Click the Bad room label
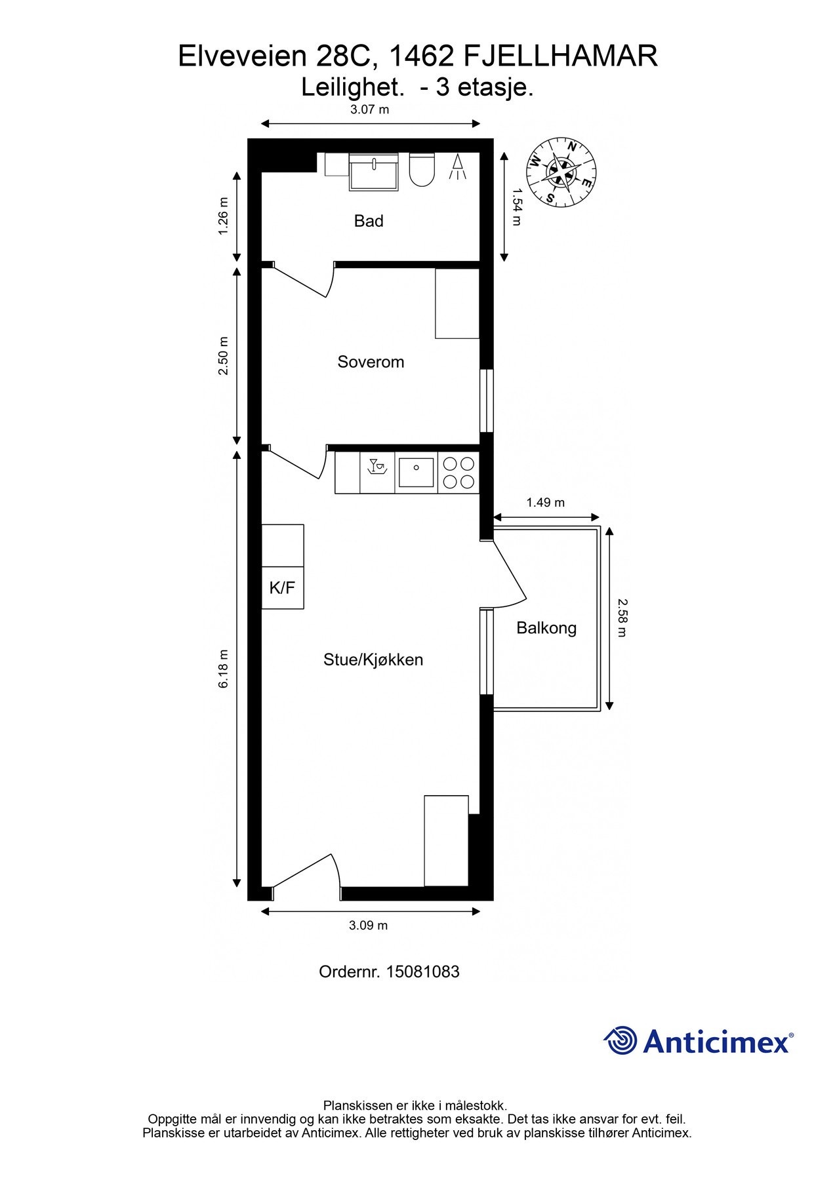(x=369, y=221)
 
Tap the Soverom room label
(x=371, y=362)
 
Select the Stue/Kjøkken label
(x=373, y=659)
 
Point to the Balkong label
(x=546, y=628)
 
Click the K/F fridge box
(x=283, y=588)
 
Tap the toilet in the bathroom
(x=422, y=170)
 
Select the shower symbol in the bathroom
(x=457, y=167)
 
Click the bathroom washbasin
(x=373, y=172)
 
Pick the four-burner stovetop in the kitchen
(x=458, y=473)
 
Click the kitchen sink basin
(x=417, y=473)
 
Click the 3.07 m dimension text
(x=370, y=109)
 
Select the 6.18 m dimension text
(x=224, y=669)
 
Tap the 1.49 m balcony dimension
(x=546, y=503)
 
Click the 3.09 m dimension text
(x=369, y=926)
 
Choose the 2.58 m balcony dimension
(x=622, y=618)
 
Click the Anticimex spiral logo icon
(x=621, y=1041)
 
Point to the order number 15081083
(x=423, y=972)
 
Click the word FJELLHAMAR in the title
(x=561, y=56)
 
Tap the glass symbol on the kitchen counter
(x=377, y=466)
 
